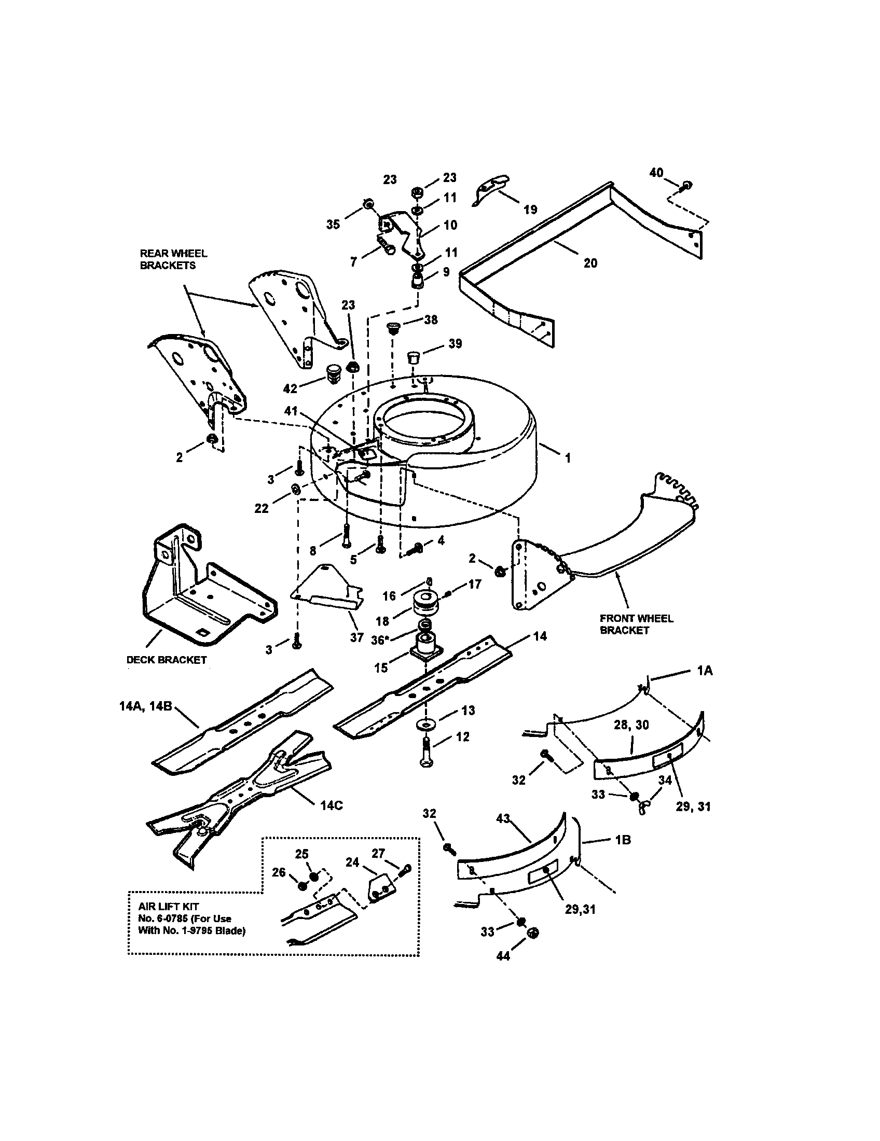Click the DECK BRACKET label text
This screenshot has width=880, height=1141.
[x=167, y=660]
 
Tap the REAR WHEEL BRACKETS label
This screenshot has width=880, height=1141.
[x=173, y=259]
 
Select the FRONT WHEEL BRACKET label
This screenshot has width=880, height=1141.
[x=636, y=624]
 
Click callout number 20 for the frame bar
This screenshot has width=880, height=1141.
[x=590, y=263]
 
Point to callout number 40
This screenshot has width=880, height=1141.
[x=656, y=173]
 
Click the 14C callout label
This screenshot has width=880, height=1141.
[x=332, y=805]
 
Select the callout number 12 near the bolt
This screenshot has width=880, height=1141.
[x=462, y=736]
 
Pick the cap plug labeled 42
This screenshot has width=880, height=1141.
[x=333, y=374]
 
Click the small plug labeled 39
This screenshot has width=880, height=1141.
[x=414, y=358]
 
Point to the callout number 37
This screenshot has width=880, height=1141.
[x=356, y=637]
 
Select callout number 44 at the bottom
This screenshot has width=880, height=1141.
[x=503, y=955]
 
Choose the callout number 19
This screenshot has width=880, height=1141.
[x=530, y=210]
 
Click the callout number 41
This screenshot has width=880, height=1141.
[x=291, y=411]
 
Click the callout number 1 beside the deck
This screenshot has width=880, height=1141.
[x=568, y=458]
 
